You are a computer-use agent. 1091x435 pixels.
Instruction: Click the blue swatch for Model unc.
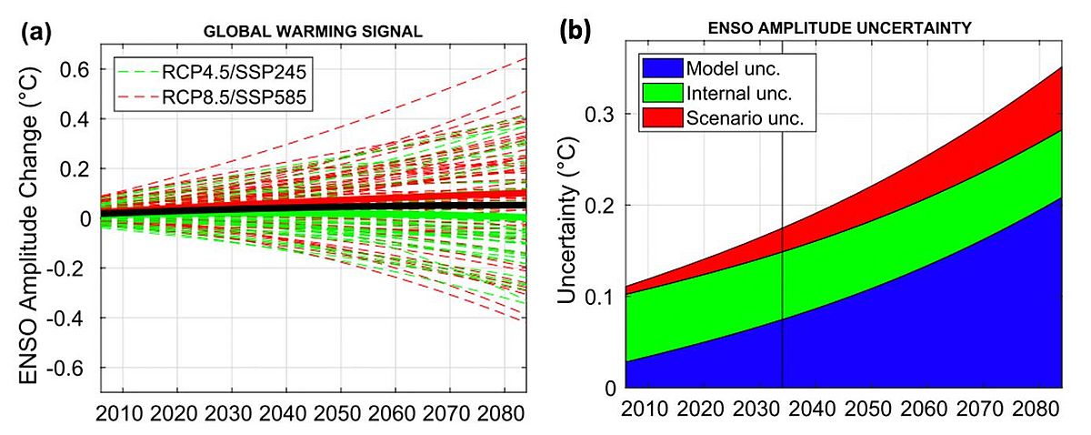pos(661,69)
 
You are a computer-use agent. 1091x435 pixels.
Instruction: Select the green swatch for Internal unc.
pos(661,94)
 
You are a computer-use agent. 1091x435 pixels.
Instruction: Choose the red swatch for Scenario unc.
pos(661,117)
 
